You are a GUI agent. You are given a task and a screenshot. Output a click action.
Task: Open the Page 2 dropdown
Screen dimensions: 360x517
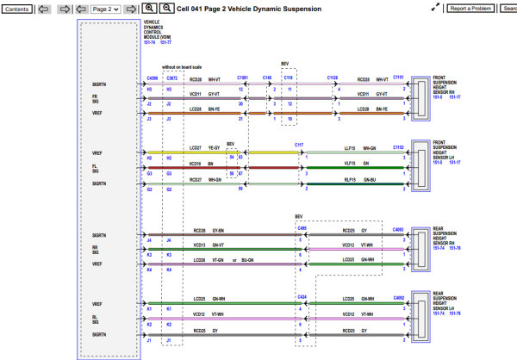(x=104, y=9)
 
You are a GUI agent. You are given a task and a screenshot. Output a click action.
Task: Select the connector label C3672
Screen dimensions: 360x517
(x=172, y=77)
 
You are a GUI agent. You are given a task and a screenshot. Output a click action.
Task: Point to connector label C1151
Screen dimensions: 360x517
(x=398, y=77)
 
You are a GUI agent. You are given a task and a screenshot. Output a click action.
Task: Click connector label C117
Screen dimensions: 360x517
(x=299, y=145)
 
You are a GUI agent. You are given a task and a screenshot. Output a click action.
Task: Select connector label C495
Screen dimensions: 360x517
(x=302, y=228)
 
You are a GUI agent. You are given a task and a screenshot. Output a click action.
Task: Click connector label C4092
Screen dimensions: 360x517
(x=398, y=297)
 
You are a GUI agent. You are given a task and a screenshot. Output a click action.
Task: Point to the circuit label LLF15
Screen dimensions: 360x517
(x=350, y=148)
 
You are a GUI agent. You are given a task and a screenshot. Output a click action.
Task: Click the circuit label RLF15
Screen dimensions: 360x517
(x=350, y=178)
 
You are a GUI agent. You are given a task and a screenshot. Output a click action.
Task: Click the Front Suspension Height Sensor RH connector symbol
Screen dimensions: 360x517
(x=420, y=96)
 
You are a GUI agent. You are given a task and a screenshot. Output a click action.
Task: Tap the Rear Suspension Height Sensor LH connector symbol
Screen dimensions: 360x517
(x=420, y=314)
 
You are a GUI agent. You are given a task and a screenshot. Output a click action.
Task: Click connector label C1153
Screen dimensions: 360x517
(x=398, y=147)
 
